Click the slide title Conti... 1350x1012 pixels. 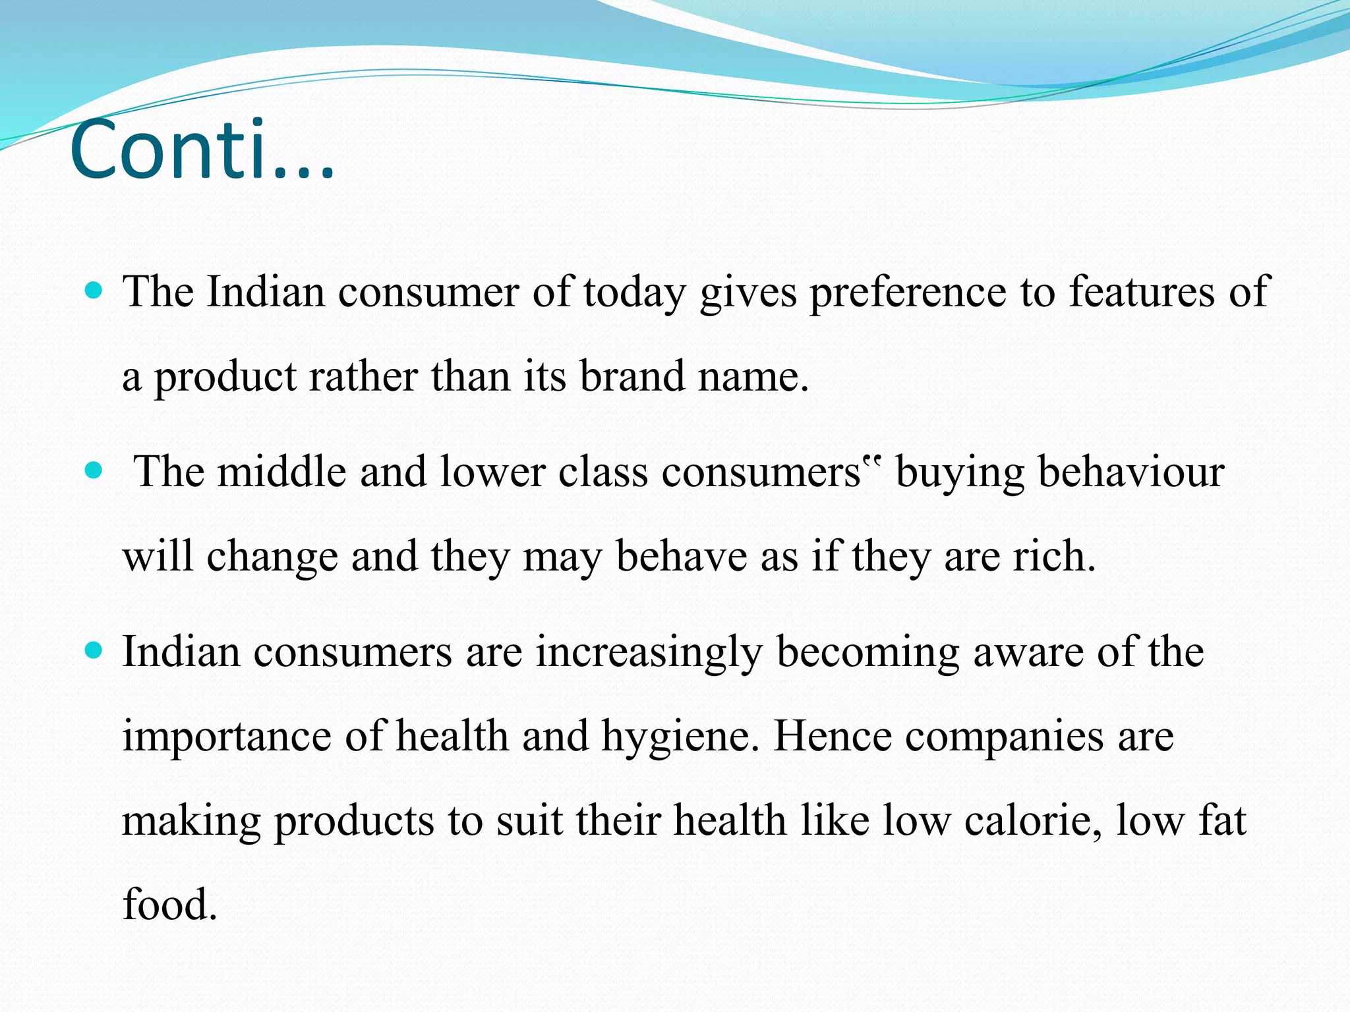(201, 150)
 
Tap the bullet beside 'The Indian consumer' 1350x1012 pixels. (95, 291)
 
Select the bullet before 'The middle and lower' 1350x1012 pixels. (95, 470)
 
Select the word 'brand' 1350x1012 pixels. (632, 376)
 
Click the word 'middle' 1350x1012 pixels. (281, 472)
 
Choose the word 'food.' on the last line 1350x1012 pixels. (170, 904)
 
